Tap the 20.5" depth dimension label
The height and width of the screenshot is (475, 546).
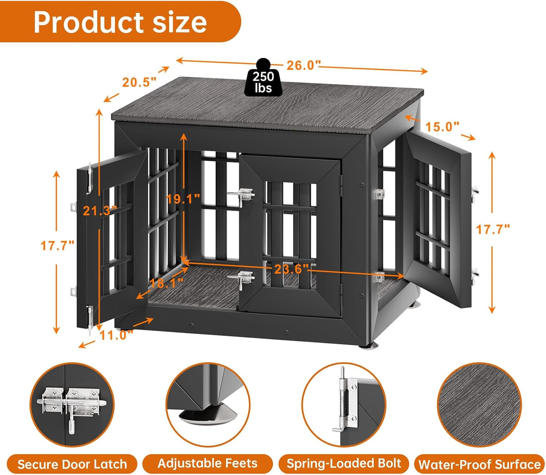[x=139, y=82]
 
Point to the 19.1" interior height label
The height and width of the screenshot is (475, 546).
[x=184, y=198]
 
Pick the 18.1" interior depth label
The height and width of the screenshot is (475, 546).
[x=166, y=283]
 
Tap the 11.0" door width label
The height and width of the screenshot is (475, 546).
[x=116, y=335]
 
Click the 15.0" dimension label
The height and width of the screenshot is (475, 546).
[x=442, y=126]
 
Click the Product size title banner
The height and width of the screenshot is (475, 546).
[x=120, y=22]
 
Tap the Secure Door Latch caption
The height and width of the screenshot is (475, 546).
[x=72, y=464]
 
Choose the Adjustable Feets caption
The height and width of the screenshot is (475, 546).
[x=207, y=463]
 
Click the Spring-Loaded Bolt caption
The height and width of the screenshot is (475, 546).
[x=343, y=463]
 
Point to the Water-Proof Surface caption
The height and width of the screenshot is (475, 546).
[x=479, y=464]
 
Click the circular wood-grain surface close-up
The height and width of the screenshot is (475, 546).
[x=479, y=405]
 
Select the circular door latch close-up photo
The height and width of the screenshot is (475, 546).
[x=72, y=405]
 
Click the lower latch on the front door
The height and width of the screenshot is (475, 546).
[x=241, y=279]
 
